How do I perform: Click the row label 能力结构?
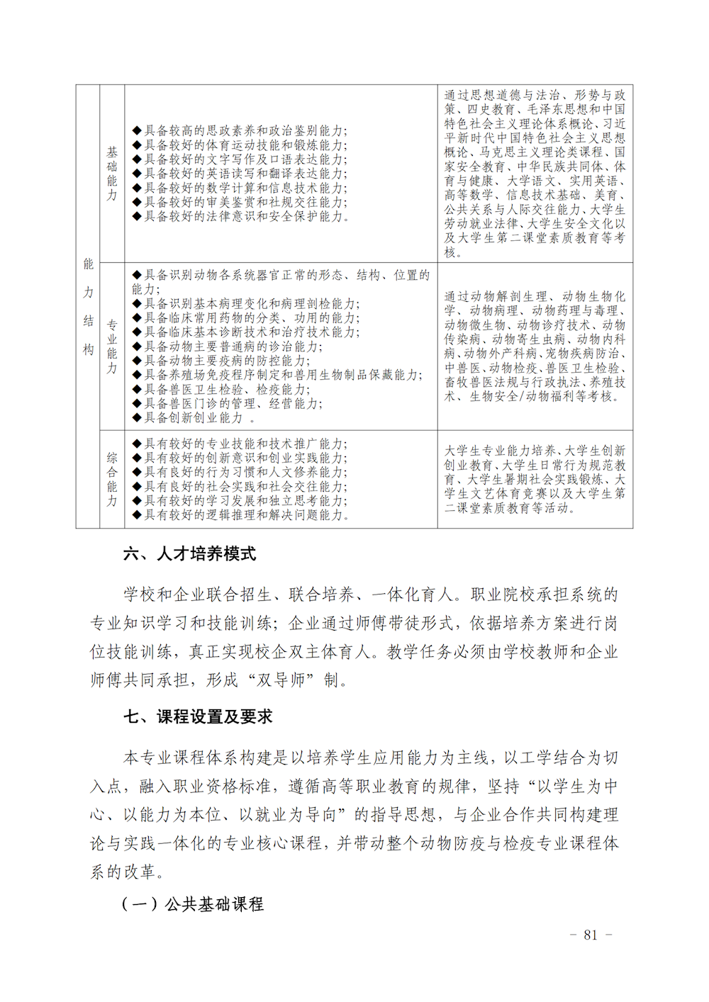click(x=88, y=306)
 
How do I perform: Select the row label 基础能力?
click(x=112, y=174)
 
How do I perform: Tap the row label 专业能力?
click(x=112, y=347)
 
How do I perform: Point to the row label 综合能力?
click(x=112, y=479)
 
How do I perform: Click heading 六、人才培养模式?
click(x=189, y=553)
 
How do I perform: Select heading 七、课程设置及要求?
click(x=198, y=716)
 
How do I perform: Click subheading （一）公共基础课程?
click(x=192, y=904)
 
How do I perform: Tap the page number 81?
click(x=591, y=935)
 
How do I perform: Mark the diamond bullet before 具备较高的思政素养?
click(x=137, y=131)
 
